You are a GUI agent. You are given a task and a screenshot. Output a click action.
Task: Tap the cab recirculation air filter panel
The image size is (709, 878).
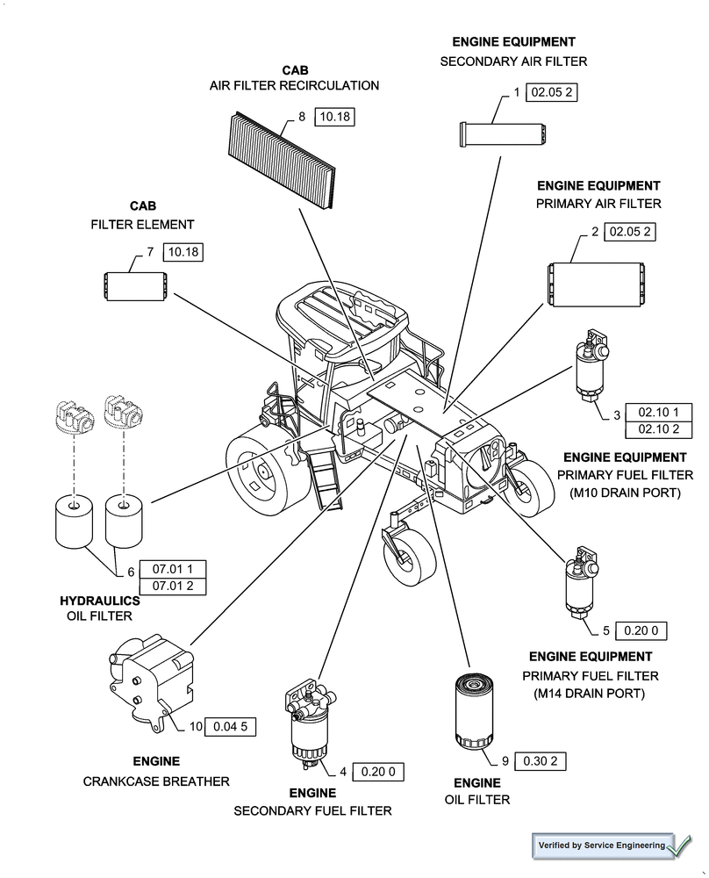(282, 159)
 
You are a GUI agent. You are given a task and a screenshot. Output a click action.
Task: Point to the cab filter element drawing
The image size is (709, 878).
(135, 287)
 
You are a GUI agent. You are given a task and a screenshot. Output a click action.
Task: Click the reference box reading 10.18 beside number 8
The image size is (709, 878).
(333, 117)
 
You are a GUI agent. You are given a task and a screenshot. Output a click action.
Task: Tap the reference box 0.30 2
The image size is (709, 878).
(540, 761)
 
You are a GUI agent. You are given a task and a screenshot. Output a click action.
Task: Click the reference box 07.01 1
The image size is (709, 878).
(173, 568)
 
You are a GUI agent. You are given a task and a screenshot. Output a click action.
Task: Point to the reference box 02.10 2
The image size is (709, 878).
(658, 429)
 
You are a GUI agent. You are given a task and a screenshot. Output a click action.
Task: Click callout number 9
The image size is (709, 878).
(505, 761)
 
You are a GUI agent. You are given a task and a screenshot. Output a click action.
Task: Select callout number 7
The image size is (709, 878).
(150, 252)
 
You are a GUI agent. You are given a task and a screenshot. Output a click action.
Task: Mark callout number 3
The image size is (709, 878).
(617, 414)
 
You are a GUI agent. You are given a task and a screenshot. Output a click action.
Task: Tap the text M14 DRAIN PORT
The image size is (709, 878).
(590, 694)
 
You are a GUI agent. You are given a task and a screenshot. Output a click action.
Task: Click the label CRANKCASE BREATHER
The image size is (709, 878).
(156, 781)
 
